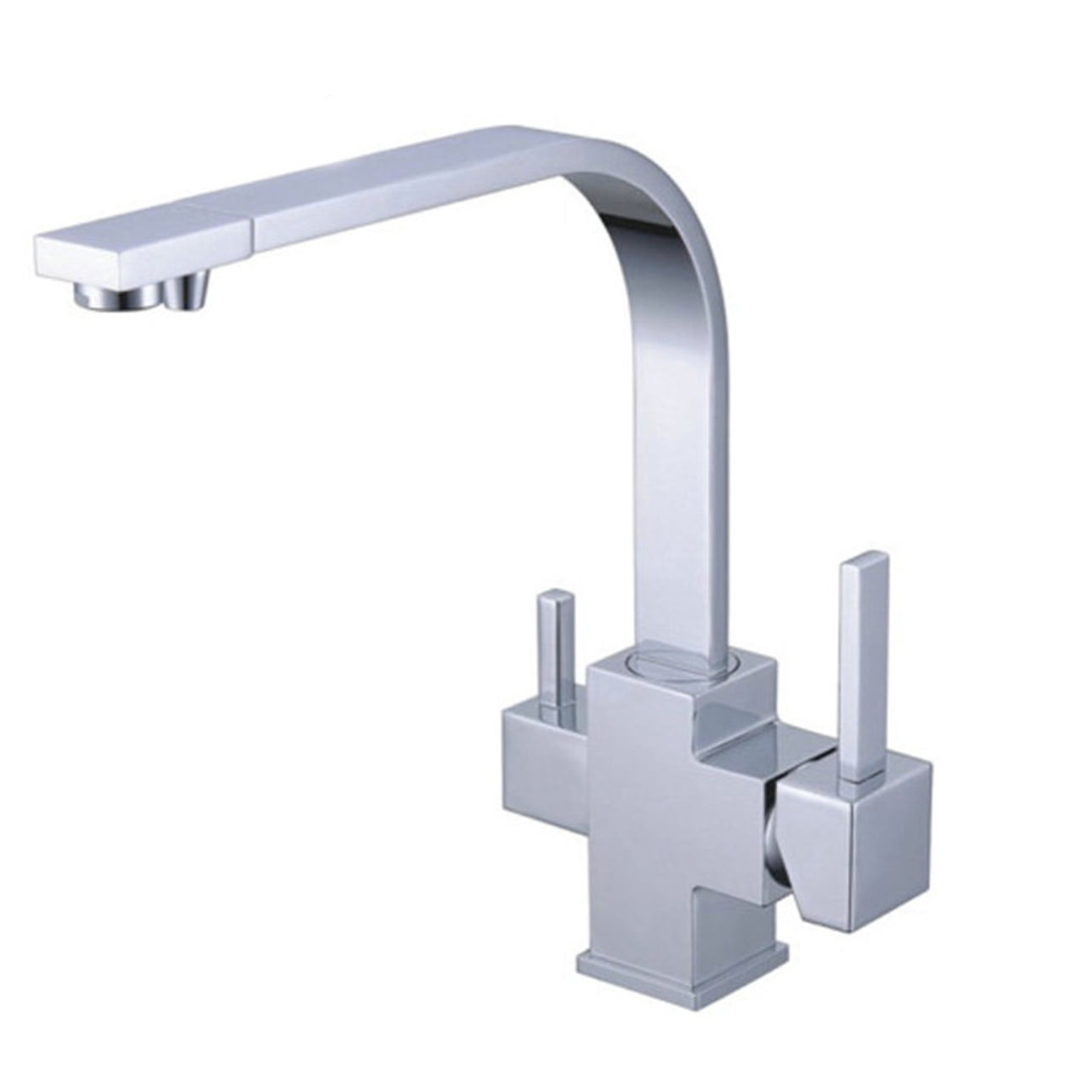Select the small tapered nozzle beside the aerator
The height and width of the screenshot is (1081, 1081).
point(188,294)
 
